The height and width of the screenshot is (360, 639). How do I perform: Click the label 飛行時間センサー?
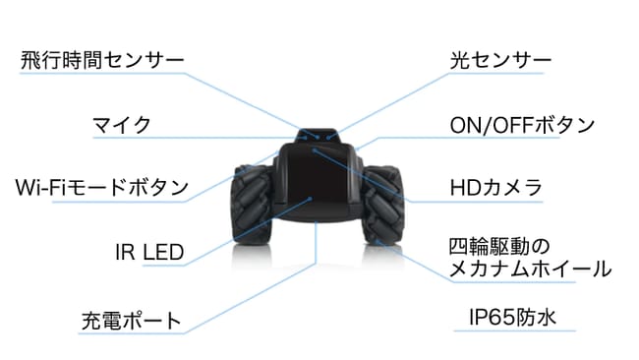coord(102,60)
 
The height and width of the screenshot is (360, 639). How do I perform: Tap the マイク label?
coord(122,125)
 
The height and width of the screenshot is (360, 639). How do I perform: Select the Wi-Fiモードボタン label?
coord(102,188)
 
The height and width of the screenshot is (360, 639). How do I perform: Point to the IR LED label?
coord(149,252)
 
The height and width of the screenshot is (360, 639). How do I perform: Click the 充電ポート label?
coord(131,321)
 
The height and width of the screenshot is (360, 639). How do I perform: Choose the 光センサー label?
coord(500,60)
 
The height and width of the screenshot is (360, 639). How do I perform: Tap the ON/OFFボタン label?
coord(522,125)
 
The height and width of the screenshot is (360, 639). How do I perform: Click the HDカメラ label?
coord(495,188)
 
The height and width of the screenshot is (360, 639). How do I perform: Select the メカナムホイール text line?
coord(530,270)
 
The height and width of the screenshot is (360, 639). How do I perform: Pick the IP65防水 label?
coord(512,317)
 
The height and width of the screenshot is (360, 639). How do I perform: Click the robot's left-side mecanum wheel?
coord(250,204)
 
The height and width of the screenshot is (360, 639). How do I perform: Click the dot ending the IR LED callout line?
coord(310,199)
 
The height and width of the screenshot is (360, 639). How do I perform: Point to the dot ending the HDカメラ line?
coord(315,150)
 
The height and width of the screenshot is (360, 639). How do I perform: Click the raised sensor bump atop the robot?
coord(317,136)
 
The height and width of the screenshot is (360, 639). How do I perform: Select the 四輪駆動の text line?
coord(499,247)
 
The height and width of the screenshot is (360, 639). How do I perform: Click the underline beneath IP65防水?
coord(515,330)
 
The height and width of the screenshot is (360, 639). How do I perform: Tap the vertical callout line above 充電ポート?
coord(317,243)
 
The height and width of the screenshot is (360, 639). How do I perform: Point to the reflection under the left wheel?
coord(252,257)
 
